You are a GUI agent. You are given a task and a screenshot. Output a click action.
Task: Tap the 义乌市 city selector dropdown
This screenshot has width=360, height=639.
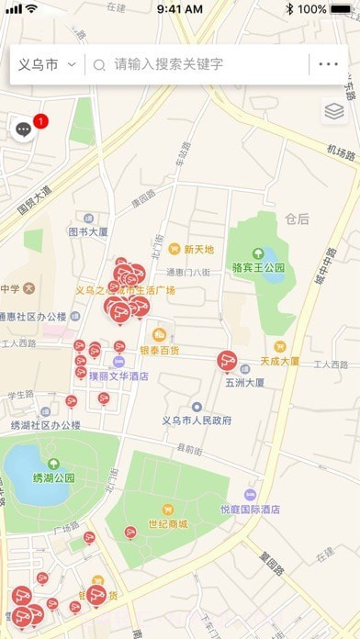(46, 65)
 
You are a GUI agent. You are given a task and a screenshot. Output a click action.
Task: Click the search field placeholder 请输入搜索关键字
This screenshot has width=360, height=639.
(168, 65)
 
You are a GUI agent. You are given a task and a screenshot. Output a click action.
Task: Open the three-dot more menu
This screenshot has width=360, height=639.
(328, 65)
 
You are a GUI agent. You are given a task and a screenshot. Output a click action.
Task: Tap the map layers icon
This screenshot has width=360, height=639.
(333, 112)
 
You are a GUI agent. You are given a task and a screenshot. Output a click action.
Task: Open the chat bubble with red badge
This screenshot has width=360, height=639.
(25, 130)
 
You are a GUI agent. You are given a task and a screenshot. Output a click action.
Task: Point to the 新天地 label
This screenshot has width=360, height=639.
(198, 249)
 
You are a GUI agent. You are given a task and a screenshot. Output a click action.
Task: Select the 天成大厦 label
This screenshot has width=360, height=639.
(279, 361)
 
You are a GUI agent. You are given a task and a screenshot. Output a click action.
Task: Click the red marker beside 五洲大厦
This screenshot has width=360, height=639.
(227, 362)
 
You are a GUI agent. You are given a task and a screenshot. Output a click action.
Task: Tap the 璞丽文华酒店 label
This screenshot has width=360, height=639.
(118, 376)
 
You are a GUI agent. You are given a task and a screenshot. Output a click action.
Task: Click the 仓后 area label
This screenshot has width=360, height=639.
(297, 219)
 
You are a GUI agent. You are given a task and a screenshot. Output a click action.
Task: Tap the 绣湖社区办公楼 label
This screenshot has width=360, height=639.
(46, 425)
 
